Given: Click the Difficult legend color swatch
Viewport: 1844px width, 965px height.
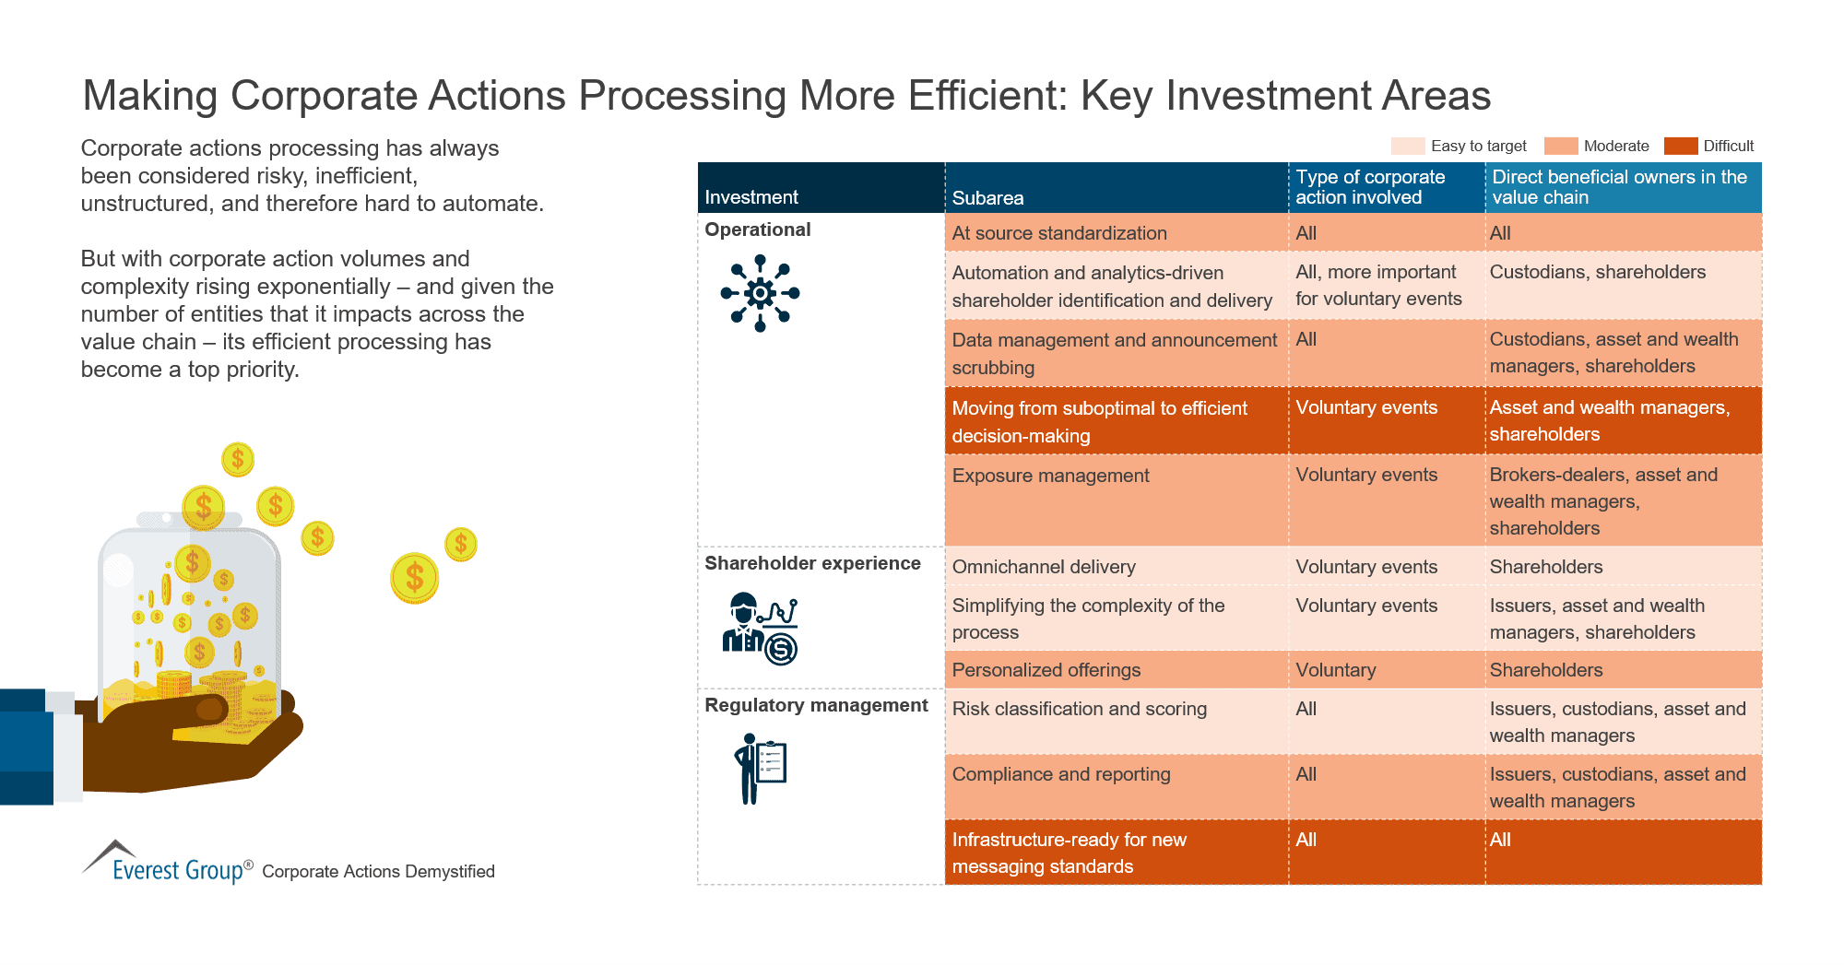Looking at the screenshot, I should point(1680,146).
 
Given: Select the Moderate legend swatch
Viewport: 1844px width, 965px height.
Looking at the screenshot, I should point(1560,146).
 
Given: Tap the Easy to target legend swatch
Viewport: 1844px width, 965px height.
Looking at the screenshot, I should point(1408,146).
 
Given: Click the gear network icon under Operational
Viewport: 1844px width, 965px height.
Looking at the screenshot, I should point(760,293).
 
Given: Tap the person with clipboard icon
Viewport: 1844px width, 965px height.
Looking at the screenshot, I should point(760,769).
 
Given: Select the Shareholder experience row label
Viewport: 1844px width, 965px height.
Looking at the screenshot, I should point(812,563).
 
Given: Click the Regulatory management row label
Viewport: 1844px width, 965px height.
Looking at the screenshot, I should point(816,705).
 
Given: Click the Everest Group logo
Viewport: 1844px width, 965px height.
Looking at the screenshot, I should point(166,864).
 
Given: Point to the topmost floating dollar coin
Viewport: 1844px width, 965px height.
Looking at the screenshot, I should point(238,459).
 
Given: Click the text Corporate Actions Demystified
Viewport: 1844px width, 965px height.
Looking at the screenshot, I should point(378,871).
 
